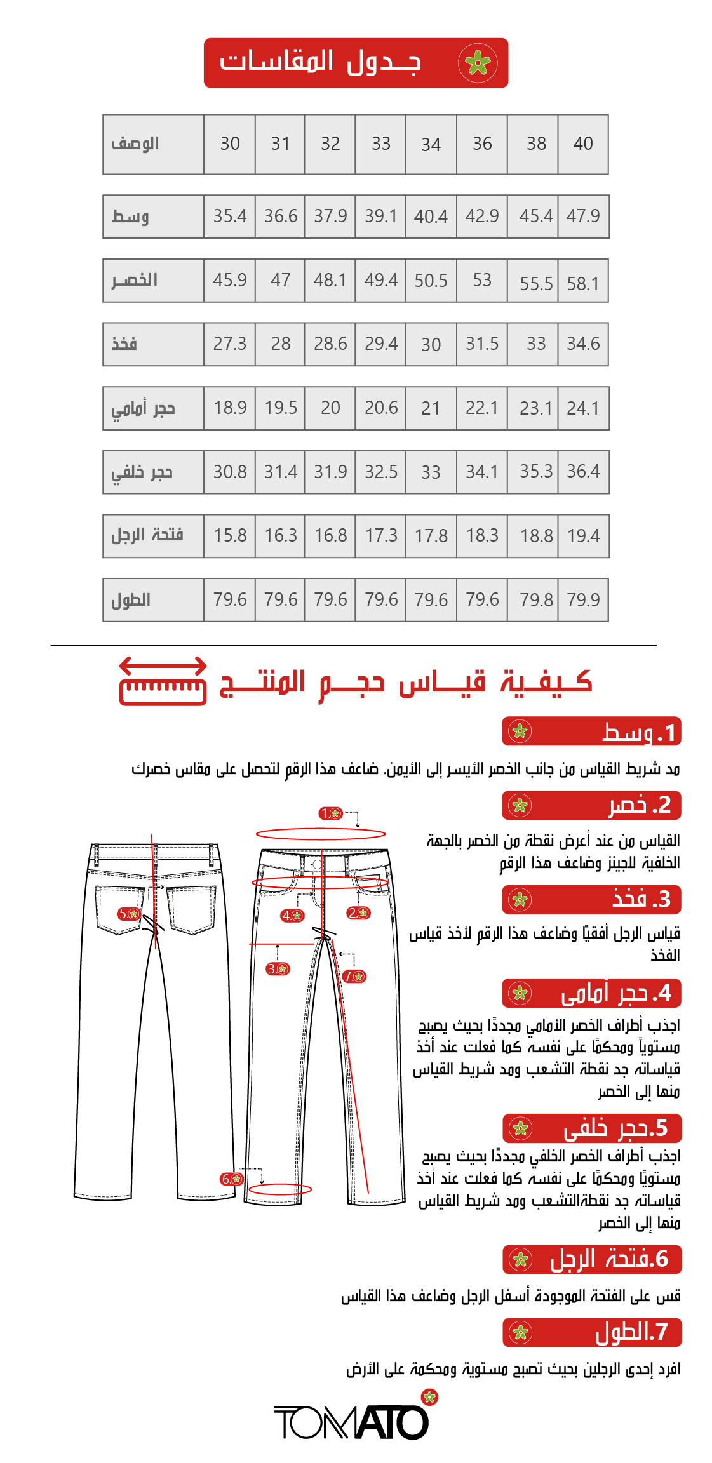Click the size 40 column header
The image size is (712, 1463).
point(583,144)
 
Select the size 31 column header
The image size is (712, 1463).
point(280,144)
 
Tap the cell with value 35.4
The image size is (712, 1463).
point(229,217)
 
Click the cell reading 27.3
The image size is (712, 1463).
point(229,344)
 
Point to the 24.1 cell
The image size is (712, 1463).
point(583,408)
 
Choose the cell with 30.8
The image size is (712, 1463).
point(229,472)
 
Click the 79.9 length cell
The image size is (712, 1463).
point(583,600)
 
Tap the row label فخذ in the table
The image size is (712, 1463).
point(124,344)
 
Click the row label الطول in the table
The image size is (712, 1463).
point(131,600)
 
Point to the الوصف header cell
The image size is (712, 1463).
point(135,144)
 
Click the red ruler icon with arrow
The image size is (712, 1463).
point(163,681)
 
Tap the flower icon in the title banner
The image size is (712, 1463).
point(478,63)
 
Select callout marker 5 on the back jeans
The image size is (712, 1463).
point(129,914)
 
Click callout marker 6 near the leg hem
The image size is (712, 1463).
point(232,1179)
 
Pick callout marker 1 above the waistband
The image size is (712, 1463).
point(330,813)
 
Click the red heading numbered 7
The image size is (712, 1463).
point(592,1332)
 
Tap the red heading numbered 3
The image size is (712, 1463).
point(591,900)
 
